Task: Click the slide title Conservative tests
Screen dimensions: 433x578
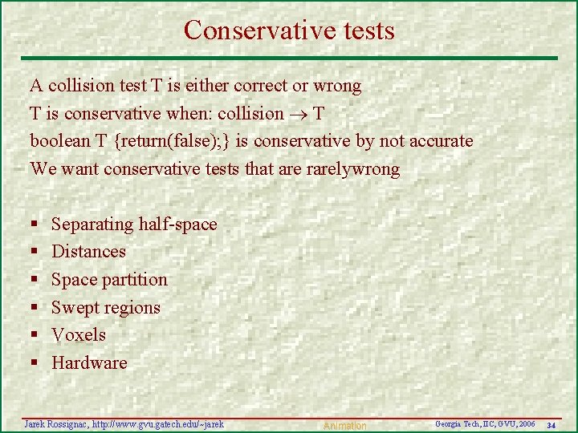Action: [x=289, y=30]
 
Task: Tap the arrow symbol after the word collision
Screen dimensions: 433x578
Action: [x=295, y=114]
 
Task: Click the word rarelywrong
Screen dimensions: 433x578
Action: [x=352, y=169]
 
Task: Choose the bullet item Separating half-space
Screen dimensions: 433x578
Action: [x=134, y=224]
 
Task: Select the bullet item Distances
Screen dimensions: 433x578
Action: [x=88, y=252]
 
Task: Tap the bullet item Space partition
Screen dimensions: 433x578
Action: [x=109, y=280]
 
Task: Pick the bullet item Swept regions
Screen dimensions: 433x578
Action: [x=106, y=308]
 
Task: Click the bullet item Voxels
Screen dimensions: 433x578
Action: [x=79, y=335]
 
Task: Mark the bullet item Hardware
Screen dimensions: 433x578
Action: [x=89, y=363]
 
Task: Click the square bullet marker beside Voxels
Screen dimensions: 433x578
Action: [x=35, y=336]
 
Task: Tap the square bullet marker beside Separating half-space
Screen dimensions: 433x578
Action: [x=35, y=225]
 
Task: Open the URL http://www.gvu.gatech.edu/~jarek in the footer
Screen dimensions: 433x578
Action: [x=157, y=423]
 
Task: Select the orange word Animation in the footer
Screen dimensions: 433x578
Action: [x=344, y=426]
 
